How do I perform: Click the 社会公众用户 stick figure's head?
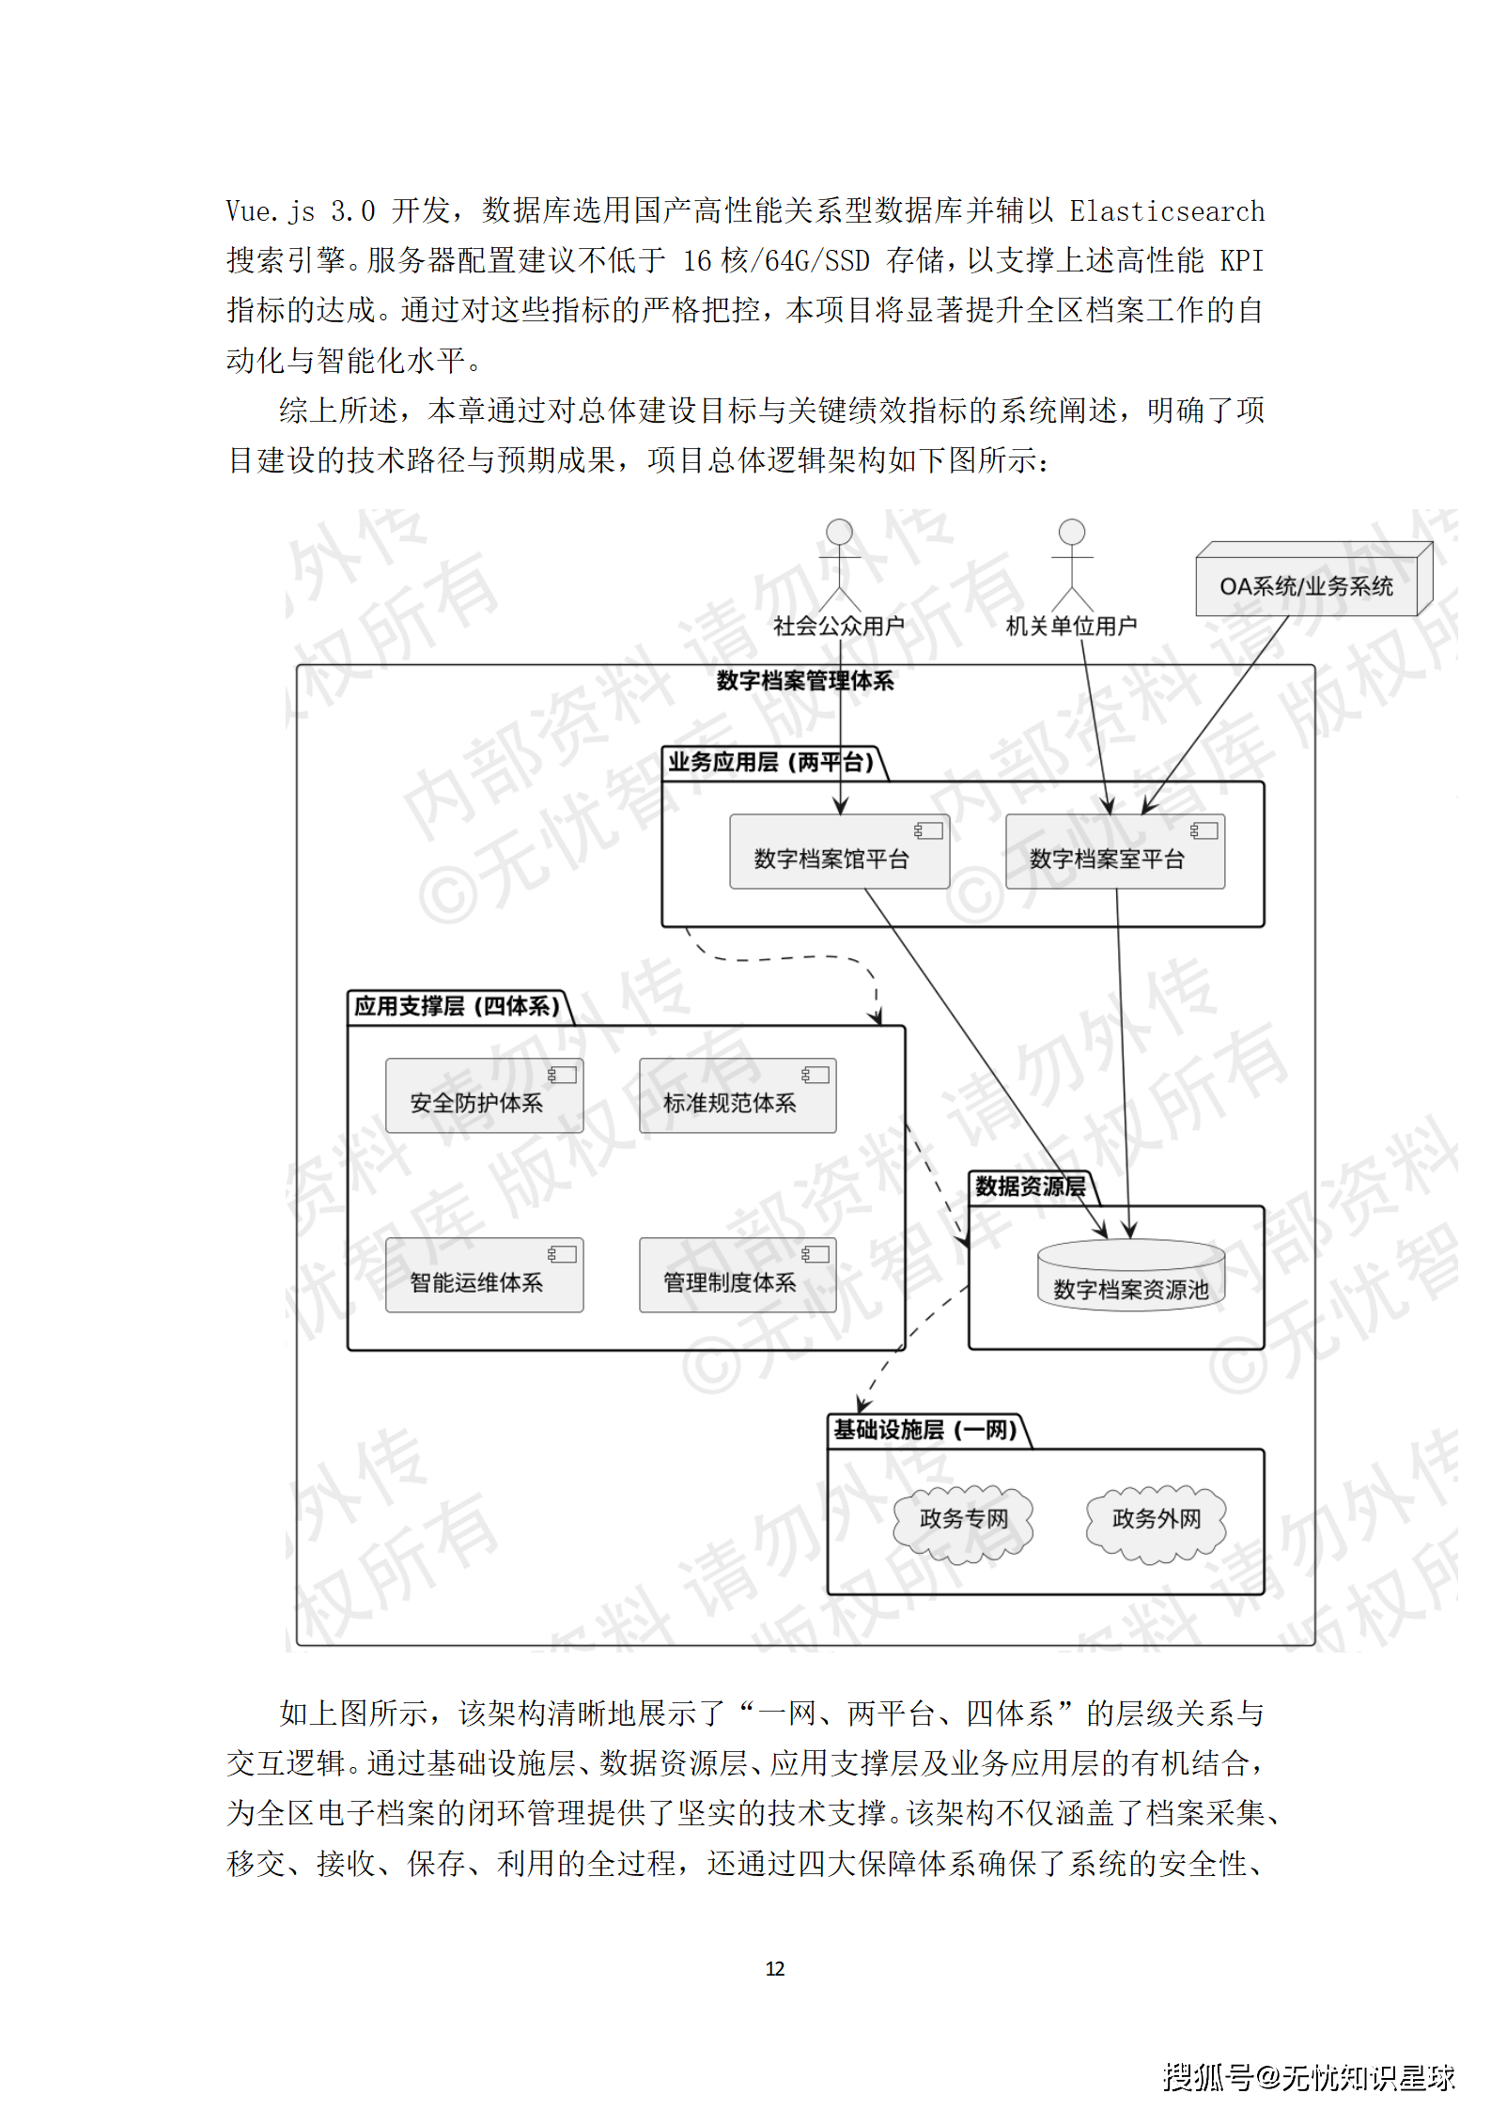[839, 532]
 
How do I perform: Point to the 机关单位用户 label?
[1071, 626]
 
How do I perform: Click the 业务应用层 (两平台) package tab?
[771, 762]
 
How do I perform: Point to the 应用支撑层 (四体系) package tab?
[457, 1006]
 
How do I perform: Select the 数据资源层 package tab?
[1030, 1186]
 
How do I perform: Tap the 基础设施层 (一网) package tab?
[924, 1430]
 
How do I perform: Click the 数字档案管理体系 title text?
[804, 681]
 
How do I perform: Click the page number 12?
[774, 1969]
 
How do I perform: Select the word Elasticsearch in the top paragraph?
[1167, 211]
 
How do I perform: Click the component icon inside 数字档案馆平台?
[928, 830]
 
